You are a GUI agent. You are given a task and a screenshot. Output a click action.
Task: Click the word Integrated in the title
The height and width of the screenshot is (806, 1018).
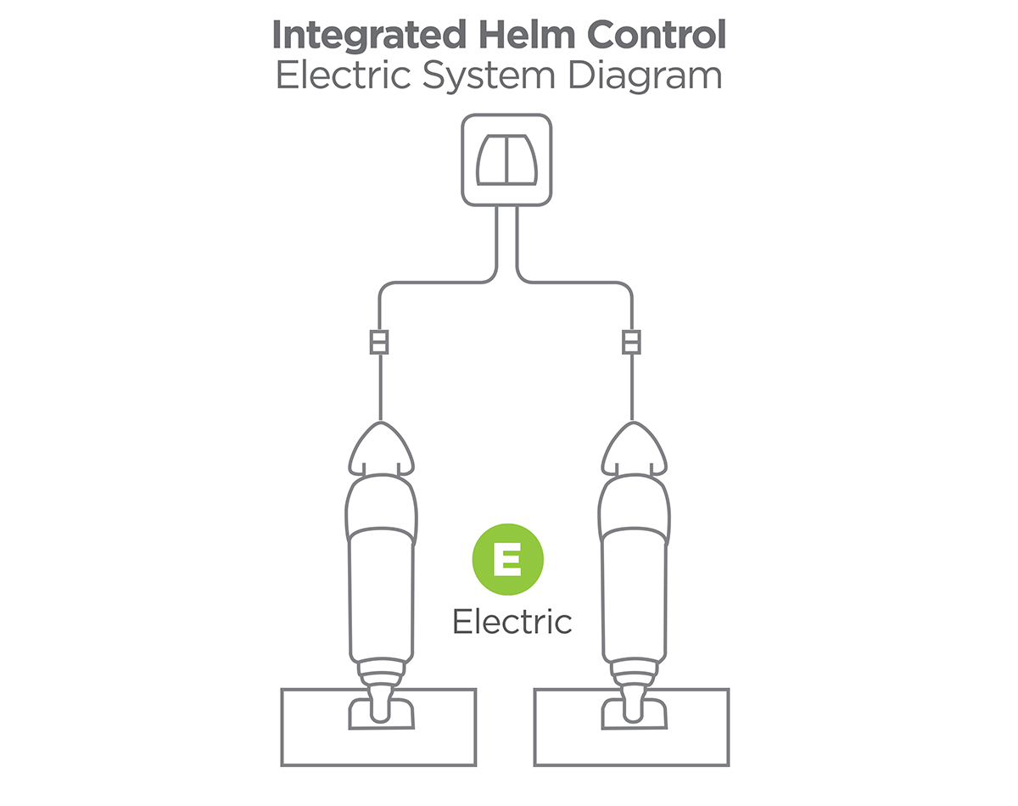click(370, 36)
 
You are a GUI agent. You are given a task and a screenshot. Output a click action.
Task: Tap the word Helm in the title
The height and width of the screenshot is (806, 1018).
click(527, 35)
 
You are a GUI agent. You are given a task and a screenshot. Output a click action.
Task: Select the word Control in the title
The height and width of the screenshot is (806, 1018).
click(657, 35)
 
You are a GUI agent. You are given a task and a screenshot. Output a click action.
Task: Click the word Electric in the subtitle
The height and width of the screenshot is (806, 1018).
click(343, 75)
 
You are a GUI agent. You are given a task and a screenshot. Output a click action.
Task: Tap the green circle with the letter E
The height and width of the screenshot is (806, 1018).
click(507, 559)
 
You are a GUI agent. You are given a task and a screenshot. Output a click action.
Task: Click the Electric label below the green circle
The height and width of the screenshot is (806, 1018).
click(512, 621)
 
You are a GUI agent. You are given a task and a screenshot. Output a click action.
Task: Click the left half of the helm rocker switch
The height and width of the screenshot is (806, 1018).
click(491, 160)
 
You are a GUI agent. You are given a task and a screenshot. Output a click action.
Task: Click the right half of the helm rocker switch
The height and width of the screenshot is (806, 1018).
click(522, 160)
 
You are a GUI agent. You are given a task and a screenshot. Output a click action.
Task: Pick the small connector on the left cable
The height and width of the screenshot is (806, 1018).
click(379, 342)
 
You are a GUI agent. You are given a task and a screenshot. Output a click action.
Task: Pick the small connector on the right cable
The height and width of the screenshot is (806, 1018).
click(631, 342)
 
